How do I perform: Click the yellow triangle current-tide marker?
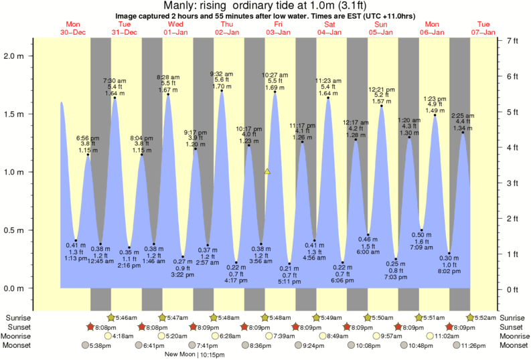point(267,172)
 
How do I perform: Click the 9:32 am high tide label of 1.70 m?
point(222,80)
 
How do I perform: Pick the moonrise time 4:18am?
point(126,336)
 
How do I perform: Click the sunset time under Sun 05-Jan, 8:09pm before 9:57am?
point(363,327)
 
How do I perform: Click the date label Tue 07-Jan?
point(483,27)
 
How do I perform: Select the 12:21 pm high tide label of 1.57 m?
point(382,95)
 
